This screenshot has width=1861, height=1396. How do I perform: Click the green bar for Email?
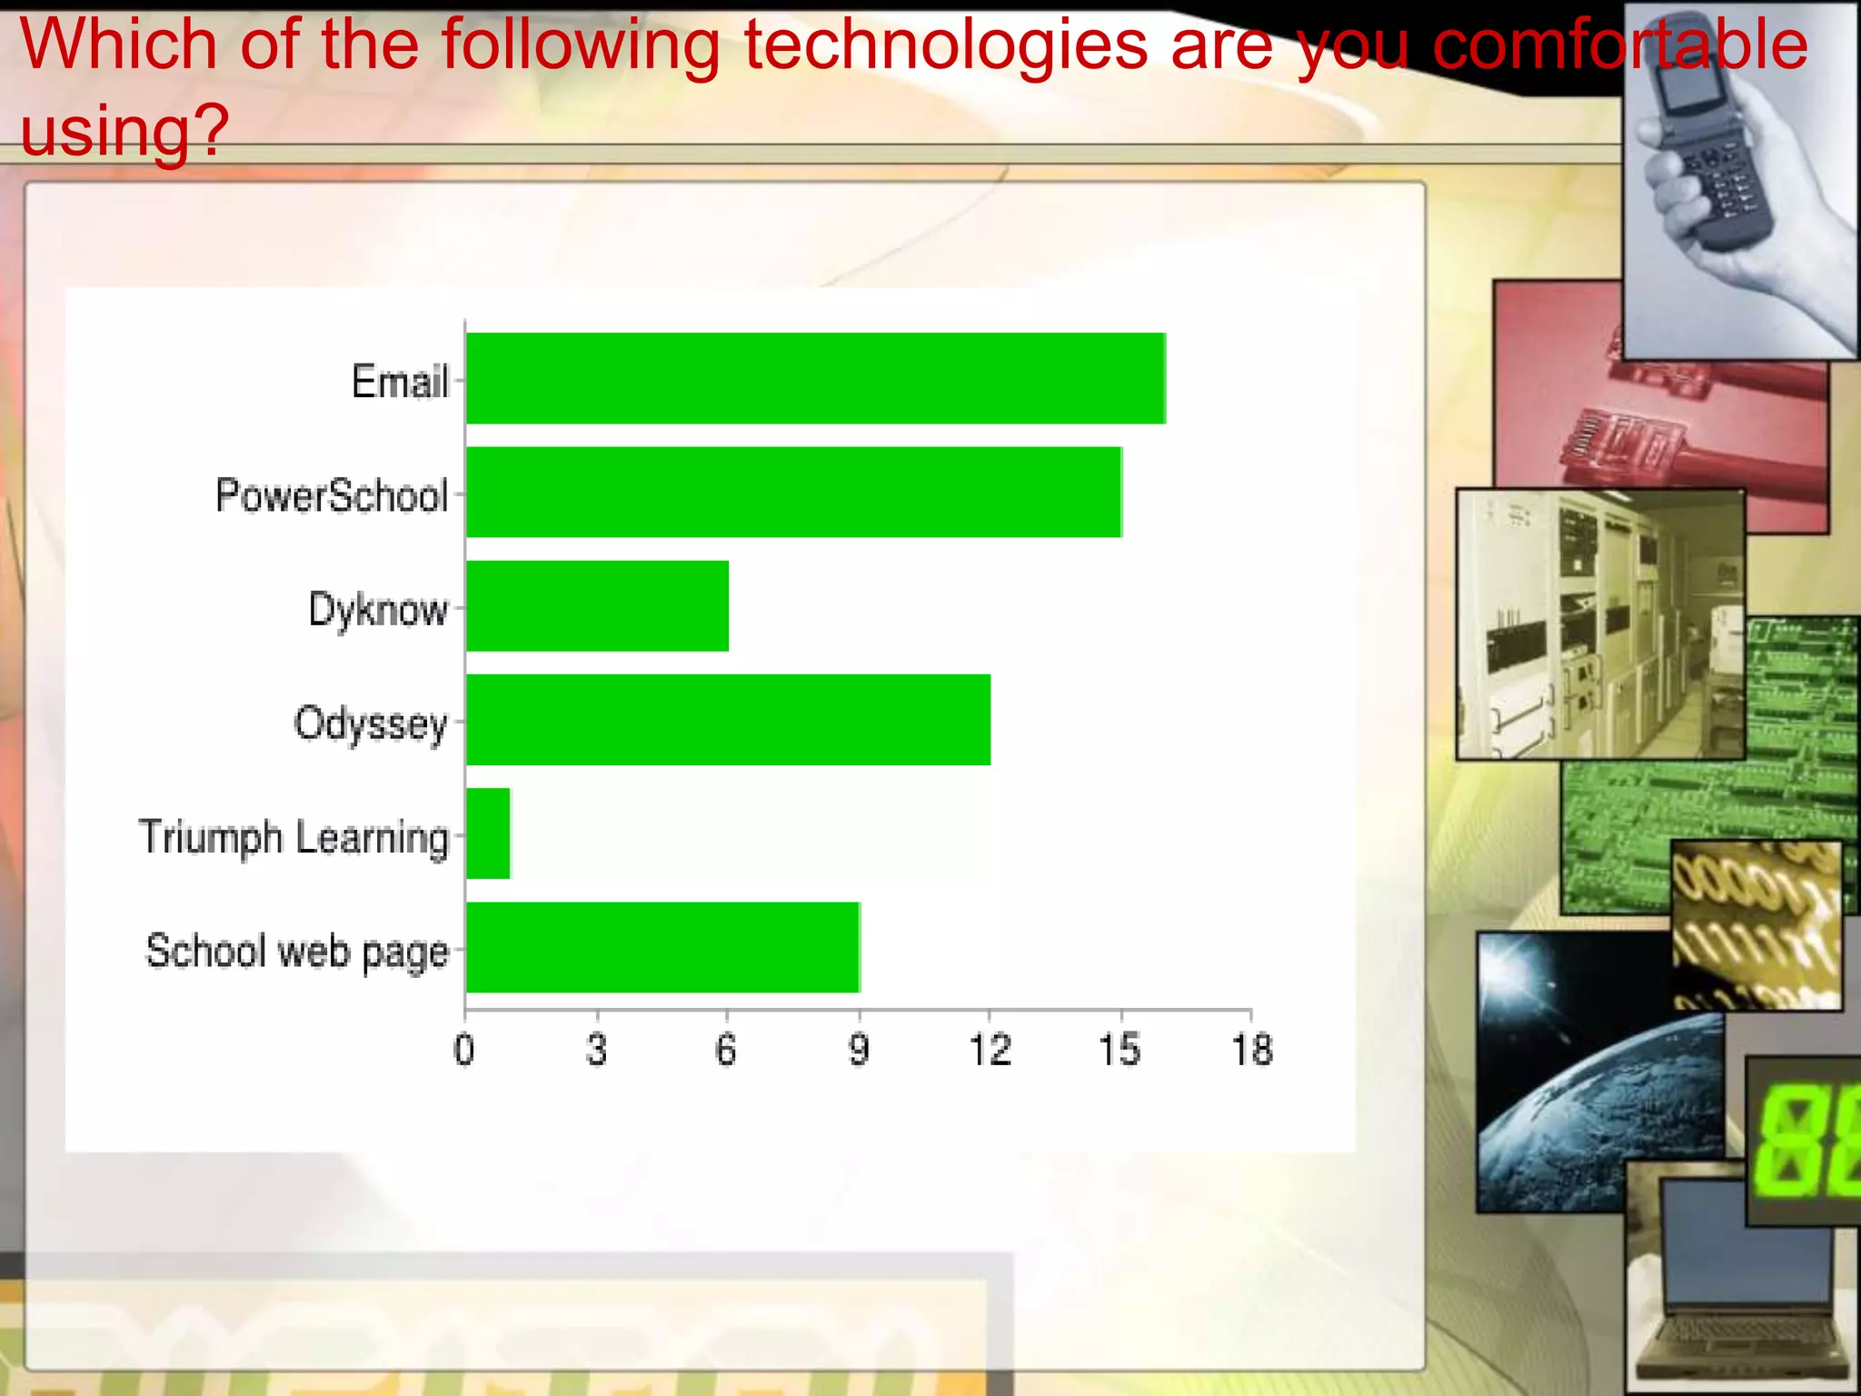pyautogui.click(x=815, y=378)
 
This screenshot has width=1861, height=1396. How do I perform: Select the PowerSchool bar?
pyautogui.click(x=793, y=492)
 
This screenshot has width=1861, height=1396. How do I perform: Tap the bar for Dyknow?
pyautogui.click(x=597, y=606)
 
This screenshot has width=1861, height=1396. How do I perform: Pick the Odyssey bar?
pyautogui.click(x=728, y=720)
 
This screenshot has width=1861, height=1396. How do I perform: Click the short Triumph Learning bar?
pyautogui.click(x=488, y=833)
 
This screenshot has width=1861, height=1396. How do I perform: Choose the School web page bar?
pyautogui.click(x=662, y=947)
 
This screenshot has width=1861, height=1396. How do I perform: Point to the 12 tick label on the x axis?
pyautogui.click(x=990, y=1051)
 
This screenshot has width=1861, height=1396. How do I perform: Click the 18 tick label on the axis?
pyautogui.click(x=1252, y=1051)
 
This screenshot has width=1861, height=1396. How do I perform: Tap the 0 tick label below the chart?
pyautogui.click(x=464, y=1051)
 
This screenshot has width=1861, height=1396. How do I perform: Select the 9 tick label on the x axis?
pyautogui.click(x=859, y=1051)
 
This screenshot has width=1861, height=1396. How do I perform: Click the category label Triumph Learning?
pyautogui.click(x=294, y=837)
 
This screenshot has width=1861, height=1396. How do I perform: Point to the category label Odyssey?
pyautogui.click(x=371, y=724)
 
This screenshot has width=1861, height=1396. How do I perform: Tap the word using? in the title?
pyautogui.click(x=124, y=130)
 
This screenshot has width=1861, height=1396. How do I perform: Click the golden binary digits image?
pyautogui.click(x=1756, y=922)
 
